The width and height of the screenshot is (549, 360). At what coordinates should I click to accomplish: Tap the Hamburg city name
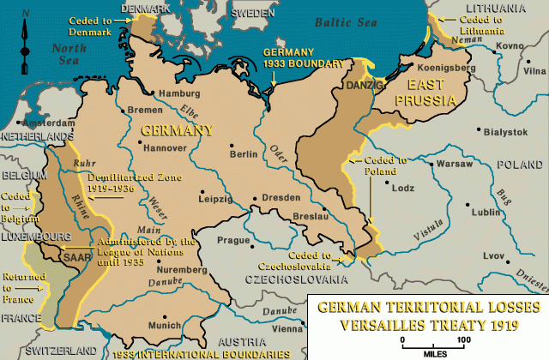coord(157,93)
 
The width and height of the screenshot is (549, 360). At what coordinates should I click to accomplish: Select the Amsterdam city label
coord(54,124)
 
